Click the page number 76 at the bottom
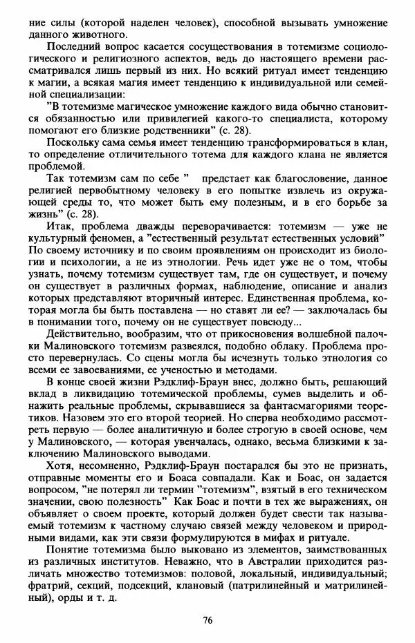(x=207, y=619)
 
